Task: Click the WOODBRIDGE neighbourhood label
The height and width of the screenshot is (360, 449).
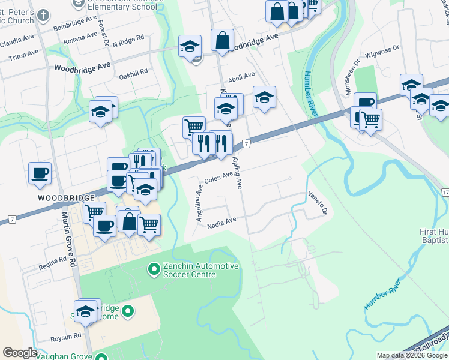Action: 66,197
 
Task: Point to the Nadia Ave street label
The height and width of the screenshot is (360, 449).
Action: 221,224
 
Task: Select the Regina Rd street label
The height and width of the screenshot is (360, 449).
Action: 53,262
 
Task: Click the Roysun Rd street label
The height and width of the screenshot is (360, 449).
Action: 66,337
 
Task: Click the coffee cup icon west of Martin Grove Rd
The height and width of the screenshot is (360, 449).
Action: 40,173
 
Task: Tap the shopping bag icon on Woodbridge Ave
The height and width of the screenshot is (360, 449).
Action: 222,40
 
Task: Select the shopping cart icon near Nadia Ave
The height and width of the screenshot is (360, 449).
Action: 148,225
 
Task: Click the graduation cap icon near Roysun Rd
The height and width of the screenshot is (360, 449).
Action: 85,311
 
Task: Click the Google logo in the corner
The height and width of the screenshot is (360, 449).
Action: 20,353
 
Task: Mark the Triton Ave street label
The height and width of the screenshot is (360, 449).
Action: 24,55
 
